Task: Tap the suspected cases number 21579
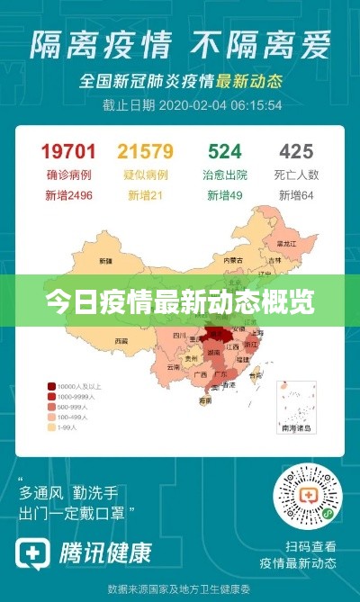click(146, 150)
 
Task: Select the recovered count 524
click(225, 150)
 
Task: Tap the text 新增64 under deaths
click(295, 194)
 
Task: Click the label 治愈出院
click(225, 174)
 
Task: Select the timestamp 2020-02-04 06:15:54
click(220, 104)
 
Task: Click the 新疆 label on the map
click(106, 260)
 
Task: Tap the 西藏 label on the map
click(121, 340)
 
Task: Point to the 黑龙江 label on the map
click(286, 243)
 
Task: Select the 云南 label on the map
click(174, 367)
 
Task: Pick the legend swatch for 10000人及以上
click(52, 385)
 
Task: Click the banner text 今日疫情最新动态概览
click(180, 301)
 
